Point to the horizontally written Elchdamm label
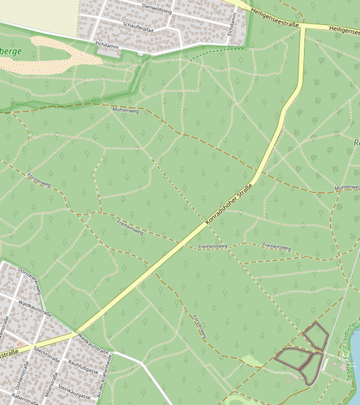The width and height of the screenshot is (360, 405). (x=107, y=45)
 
